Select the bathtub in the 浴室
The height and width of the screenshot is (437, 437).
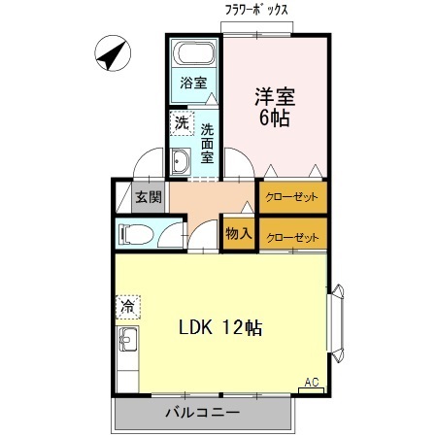[x=193, y=54]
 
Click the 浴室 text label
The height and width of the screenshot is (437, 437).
[x=193, y=84]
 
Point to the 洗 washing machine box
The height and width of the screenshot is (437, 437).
[x=181, y=124]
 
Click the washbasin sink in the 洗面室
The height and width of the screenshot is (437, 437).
[x=182, y=161]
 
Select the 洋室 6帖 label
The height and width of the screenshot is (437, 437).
[x=275, y=107]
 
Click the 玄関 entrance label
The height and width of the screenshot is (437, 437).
[x=147, y=197]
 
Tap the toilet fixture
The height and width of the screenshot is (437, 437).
[x=135, y=234]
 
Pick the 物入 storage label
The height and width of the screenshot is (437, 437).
[x=239, y=233]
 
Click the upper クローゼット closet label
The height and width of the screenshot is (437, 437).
[x=292, y=196]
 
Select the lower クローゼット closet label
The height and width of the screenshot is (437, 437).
[x=292, y=236]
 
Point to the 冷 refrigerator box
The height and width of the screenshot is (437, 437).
[x=127, y=308]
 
